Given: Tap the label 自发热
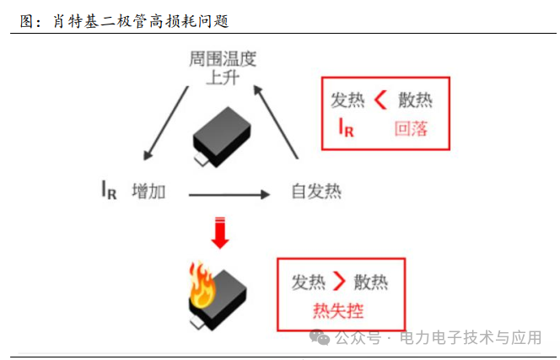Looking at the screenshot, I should (x=316, y=191).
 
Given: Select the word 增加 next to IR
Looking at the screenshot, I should (x=148, y=191).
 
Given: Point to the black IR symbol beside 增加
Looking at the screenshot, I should (x=108, y=191).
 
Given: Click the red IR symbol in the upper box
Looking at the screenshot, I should (x=346, y=128).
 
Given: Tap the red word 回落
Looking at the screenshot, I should (x=411, y=129).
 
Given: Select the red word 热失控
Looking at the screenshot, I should (x=338, y=311).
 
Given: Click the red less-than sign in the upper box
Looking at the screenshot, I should (x=380, y=100).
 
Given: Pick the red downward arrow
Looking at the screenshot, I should (x=220, y=233).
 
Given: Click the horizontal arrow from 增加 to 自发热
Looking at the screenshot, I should (x=229, y=194).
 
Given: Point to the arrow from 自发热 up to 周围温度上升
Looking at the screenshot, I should (x=277, y=122).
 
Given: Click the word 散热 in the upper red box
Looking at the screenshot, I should (x=416, y=100).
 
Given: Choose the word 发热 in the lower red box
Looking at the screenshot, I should (x=309, y=282).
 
